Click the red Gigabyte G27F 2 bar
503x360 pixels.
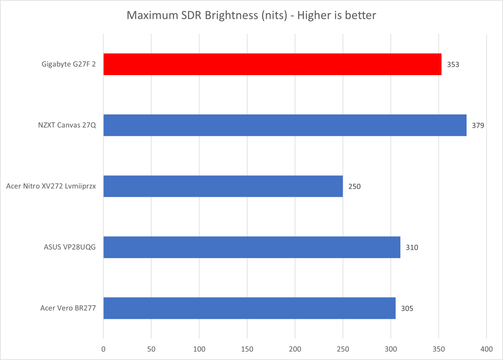click(x=272, y=64)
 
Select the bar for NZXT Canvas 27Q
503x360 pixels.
click(x=285, y=125)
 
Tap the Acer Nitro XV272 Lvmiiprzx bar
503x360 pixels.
click(x=223, y=186)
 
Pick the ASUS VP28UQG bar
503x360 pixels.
click(x=251, y=247)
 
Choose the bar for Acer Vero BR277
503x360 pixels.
click(x=249, y=308)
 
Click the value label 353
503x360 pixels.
click(x=453, y=65)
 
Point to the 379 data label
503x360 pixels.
click(x=478, y=125)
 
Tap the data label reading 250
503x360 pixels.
click(x=354, y=186)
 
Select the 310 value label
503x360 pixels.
click(x=412, y=247)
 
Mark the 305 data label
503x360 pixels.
click(x=407, y=308)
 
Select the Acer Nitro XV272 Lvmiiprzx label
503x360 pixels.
click(x=51, y=186)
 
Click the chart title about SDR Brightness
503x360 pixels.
click(x=251, y=16)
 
